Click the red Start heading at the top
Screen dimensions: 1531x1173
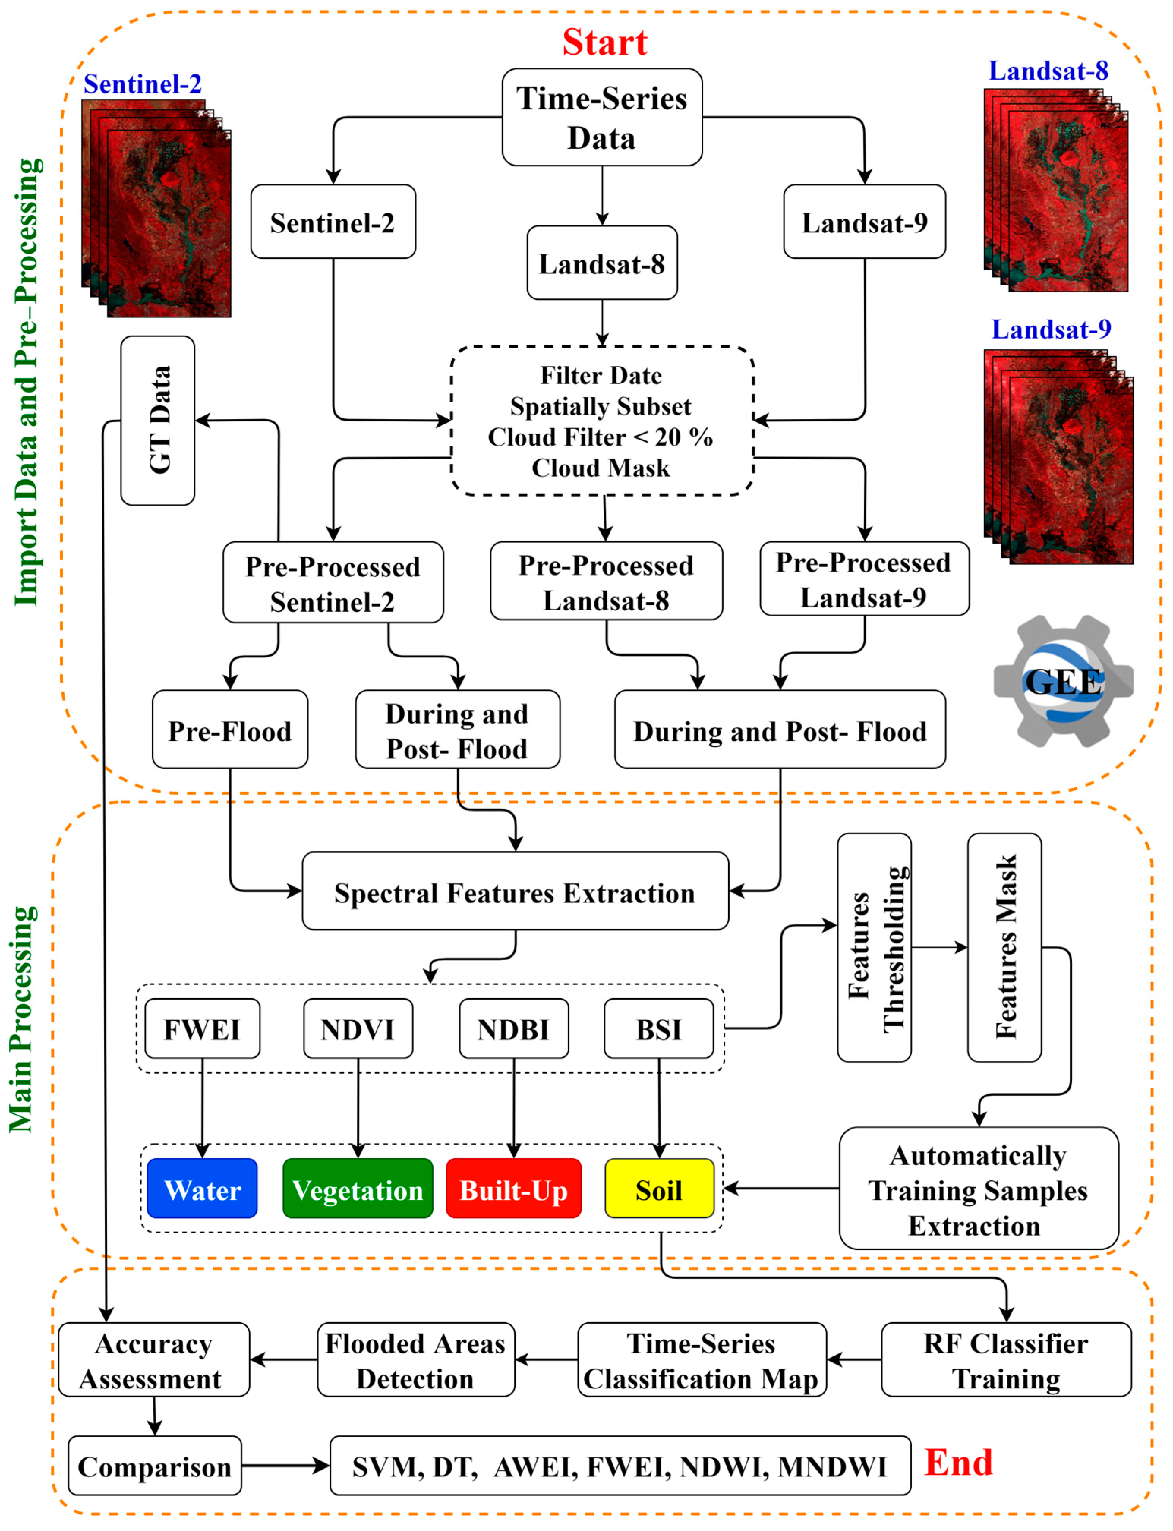[605, 42]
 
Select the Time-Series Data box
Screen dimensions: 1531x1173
[602, 117]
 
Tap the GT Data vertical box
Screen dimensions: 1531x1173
[158, 420]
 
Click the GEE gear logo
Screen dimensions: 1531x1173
[1063, 681]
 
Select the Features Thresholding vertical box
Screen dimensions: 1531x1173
[874, 948]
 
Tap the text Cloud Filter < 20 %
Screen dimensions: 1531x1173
[601, 437]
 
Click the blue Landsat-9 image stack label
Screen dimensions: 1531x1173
[1051, 329]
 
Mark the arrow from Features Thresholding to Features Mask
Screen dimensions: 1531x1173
[939, 948]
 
